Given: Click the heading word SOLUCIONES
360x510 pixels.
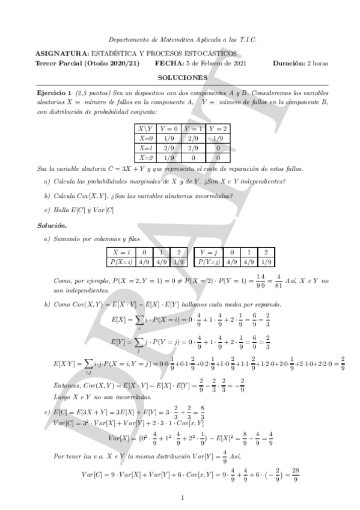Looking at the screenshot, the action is pos(183,78).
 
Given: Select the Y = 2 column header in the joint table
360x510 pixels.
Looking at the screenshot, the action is pos(218,129).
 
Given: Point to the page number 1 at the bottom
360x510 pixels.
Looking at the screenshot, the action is pos(182,497).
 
